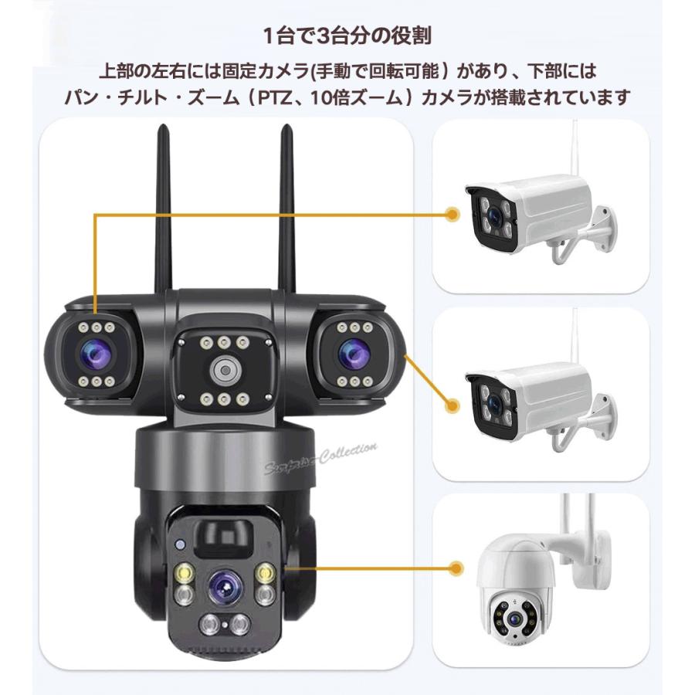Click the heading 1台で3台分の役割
tap(347, 35)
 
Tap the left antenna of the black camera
tap(163, 208)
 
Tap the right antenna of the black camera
tap(286, 208)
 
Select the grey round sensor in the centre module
tap(223, 371)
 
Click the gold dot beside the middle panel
tap(450, 402)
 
